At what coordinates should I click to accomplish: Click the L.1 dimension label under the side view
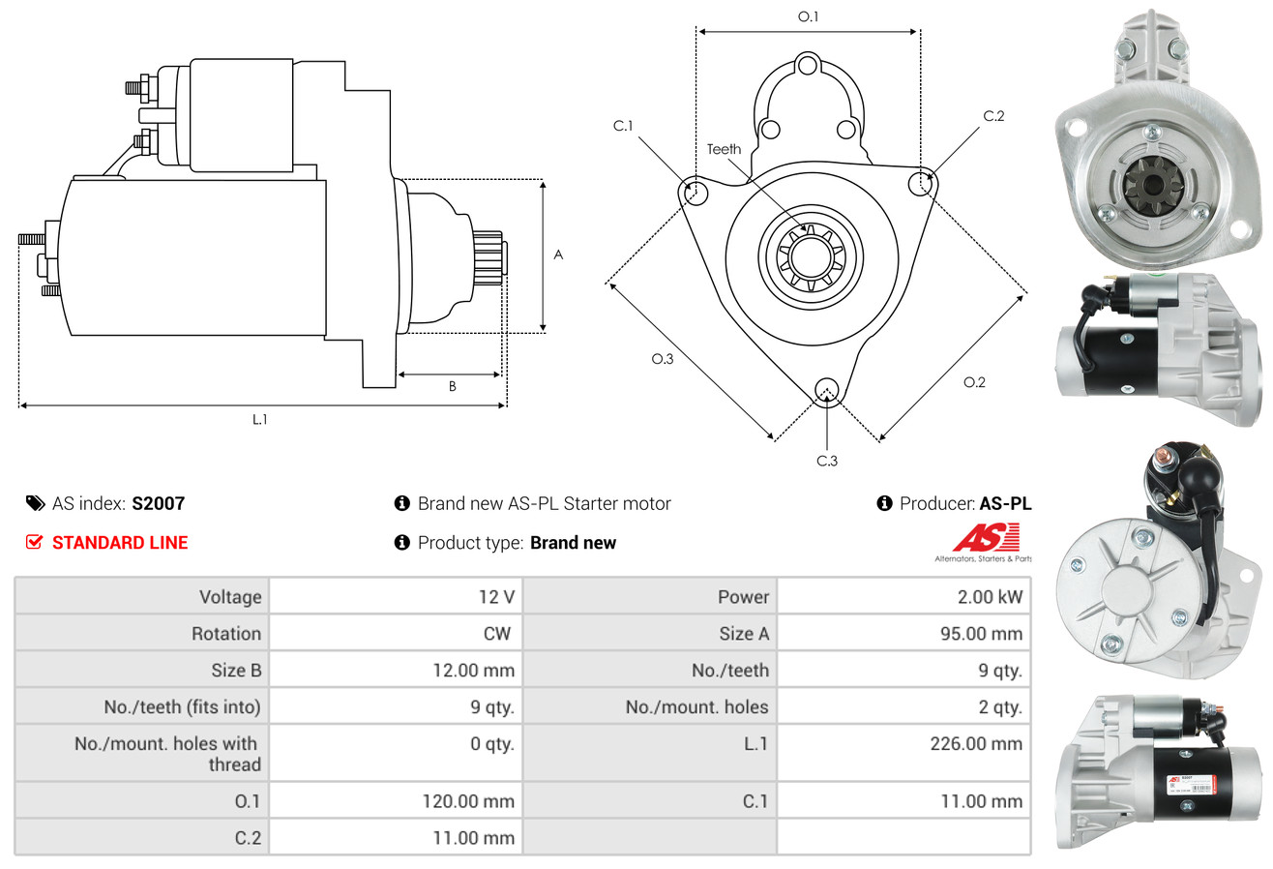click(x=259, y=419)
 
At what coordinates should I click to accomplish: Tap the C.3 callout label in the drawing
click(x=827, y=461)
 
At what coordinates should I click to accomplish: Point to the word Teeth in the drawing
click(x=724, y=149)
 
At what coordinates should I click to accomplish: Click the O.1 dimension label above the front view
click(x=808, y=16)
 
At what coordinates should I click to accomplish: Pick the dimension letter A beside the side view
click(x=558, y=255)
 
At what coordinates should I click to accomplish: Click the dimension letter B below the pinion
click(x=452, y=386)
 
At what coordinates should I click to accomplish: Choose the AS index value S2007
click(x=158, y=503)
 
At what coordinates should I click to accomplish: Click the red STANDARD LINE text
click(x=120, y=543)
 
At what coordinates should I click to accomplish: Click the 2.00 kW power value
click(x=990, y=597)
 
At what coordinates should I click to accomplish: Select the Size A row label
click(x=744, y=634)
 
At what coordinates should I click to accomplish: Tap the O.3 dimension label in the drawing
click(x=662, y=359)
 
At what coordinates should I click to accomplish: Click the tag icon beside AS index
click(x=35, y=503)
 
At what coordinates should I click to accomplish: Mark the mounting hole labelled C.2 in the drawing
click(x=923, y=182)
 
